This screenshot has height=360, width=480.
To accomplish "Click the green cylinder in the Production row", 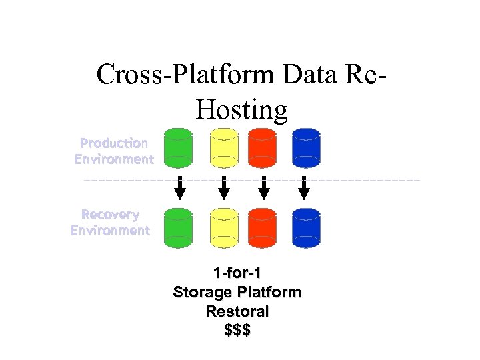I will tap(178, 147).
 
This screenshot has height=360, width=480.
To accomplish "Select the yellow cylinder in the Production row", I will tap(224, 147).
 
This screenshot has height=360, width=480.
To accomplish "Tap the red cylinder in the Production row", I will tap(263, 147).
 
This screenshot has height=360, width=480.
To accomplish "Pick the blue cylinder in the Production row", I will tap(306, 147).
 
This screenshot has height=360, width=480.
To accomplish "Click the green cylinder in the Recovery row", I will tap(178, 227).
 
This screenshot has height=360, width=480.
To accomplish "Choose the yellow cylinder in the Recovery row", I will tap(224, 227).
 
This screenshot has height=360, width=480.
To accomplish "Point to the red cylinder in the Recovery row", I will tap(263, 227).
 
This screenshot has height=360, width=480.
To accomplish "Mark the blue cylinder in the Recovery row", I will tap(306, 227).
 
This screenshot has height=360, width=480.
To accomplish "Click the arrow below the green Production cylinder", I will tap(179, 189).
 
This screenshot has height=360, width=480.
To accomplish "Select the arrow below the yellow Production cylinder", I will tap(224, 189).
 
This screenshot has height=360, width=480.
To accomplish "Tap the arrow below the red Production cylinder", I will tap(264, 189).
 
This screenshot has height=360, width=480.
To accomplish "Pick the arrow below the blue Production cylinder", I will tap(304, 189).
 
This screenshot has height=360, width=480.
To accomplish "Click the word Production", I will tap(114, 143).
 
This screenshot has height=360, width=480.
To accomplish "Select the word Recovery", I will tap(110, 215).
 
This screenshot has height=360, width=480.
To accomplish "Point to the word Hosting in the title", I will tap(241, 109).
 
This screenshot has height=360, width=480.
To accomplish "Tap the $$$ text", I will tap(237, 330).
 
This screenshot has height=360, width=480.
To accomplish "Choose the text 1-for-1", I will tap(237, 273).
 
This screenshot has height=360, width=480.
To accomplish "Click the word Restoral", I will tap(237, 311).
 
